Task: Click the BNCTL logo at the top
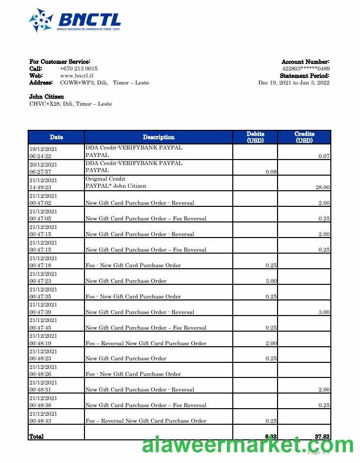(75, 21)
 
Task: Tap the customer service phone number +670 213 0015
(78, 68)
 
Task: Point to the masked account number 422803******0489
(306, 68)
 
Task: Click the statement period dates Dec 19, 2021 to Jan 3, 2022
(294, 83)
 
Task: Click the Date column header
(56, 137)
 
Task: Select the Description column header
(158, 137)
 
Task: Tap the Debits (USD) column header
(255, 137)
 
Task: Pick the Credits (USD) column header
(304, 137)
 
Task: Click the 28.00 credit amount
(322, 187)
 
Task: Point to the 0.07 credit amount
(324, 156)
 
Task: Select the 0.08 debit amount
(271, 172)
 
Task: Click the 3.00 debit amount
(271, 281)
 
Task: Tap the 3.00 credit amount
(324, 312)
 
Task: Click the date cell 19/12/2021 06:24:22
(43, 152)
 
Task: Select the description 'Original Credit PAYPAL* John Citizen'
(116, 183)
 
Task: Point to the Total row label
(37, 436)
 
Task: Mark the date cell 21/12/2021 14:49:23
(43, 184)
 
